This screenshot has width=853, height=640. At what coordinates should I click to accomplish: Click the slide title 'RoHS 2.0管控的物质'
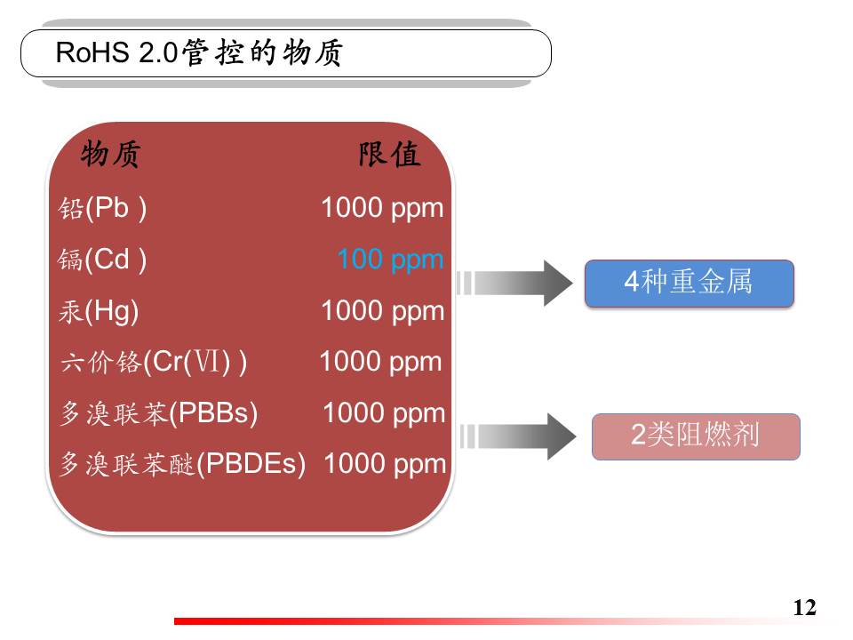(x=199, y=52)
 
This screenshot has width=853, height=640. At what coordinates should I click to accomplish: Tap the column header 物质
(x=111, y=154)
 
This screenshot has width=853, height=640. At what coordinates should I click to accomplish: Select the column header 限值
(x=389, y=154)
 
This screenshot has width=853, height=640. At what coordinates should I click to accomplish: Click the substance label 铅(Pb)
(x=102, y=208)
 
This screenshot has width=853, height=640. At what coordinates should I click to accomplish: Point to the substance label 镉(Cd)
(x=102, y=259)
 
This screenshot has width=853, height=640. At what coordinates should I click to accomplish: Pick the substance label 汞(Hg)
(x=99, y=311)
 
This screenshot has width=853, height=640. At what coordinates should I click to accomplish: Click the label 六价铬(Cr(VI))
(x=154, y=362)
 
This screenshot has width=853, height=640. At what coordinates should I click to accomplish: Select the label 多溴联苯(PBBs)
(x=158, y=413)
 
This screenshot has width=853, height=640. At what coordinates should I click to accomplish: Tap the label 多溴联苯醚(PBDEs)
(x=182, y=464)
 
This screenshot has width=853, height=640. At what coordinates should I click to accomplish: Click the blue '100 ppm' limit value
(x=391, y=260)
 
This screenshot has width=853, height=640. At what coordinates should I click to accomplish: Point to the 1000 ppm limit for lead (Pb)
(x=382, y=208)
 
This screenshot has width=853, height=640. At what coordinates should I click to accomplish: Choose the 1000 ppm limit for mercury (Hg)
(x=382, y=311)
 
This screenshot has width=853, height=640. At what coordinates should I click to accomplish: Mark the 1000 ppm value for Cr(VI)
(x=381, y=362)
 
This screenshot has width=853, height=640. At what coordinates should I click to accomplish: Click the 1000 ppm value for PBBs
(x=384, y=413)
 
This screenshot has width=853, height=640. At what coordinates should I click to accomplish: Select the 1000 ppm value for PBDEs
(x=385, y=464)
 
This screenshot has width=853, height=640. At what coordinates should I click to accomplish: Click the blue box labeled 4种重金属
(x=690, y=283)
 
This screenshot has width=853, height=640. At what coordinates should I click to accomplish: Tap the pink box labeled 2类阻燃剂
(x=696, y=436)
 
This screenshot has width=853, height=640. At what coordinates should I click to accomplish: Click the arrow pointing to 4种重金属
(x=514, y=283)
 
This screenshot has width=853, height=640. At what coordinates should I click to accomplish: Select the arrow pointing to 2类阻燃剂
(x=518, y=436)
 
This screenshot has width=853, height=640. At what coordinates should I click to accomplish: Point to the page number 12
(x=805, y=607)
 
